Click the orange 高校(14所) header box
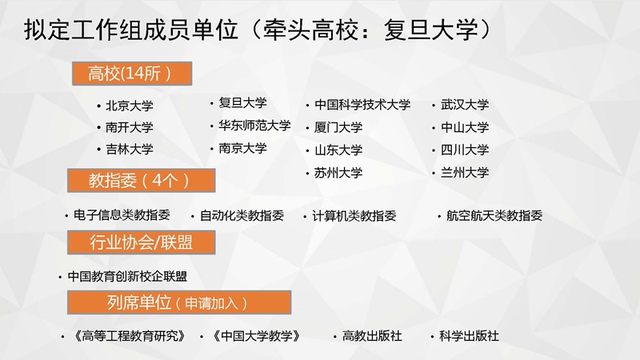[132, 74]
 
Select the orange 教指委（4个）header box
[142, 181]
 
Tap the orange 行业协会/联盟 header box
[142, 242]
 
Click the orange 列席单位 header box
[179, 302]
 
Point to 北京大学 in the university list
[130, 106]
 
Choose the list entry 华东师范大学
[254, 126]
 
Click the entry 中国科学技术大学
[362, 105]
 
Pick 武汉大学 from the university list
[465, 105]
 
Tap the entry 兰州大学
[465, 172]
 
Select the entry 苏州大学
[338, 173]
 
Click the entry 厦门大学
[338, 127]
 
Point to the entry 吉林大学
[130, 149]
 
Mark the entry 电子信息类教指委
[122, 214]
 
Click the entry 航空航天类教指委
[494, 215]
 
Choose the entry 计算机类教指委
[354, 215]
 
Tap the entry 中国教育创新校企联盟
[127, 276]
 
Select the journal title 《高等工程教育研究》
[130, 336]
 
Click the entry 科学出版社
[469, 336]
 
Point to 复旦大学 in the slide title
[430, 30]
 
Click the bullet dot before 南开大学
[98, 128]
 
